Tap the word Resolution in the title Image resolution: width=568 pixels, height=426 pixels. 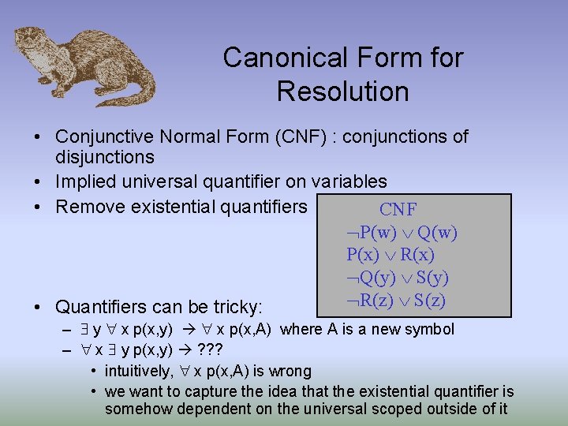[342, 92]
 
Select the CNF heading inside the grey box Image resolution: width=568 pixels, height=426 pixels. [398, 210]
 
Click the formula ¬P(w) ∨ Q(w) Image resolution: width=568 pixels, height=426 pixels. [402, 233]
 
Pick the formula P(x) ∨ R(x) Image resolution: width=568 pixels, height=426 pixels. [390, 255]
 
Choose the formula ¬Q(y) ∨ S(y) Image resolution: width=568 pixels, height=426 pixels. [399, 278]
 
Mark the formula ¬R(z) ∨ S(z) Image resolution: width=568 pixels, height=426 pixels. [398, 300]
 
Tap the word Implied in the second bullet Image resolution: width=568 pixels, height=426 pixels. [84, 182]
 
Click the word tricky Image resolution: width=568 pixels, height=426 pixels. [238, 306]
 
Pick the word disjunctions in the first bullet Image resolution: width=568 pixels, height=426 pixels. [105, 158]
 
